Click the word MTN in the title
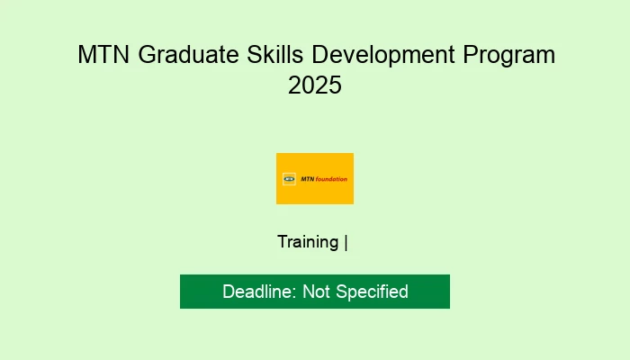pos(100,55)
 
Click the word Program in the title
pos(510,55)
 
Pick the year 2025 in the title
pos(315,87)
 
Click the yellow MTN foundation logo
pos(315,178)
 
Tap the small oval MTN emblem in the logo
pos(289,178)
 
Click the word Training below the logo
pos(308,242)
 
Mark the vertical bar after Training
pos(346,242)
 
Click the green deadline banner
pos(315,292)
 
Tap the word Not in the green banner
pos(317,292)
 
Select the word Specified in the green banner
pos(373,292)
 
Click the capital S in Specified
pos(342,292)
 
